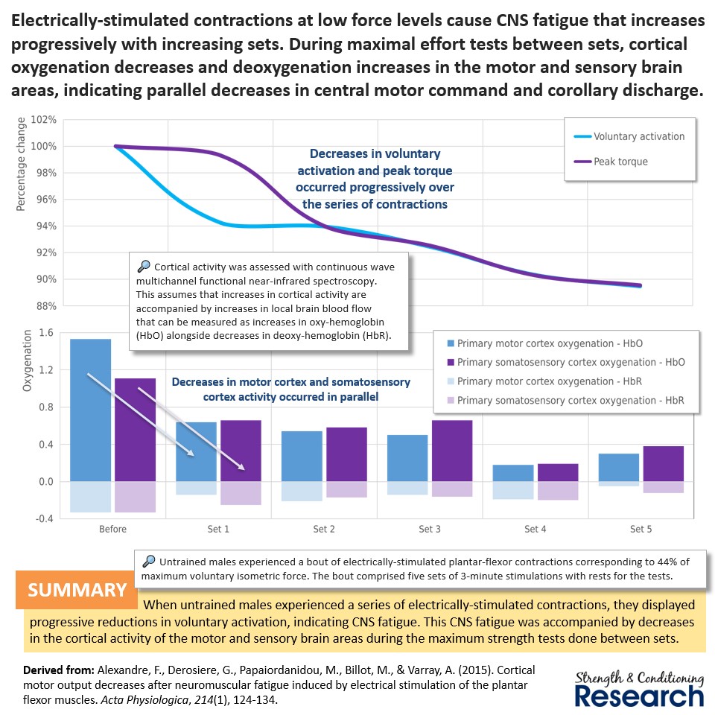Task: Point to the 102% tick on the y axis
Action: pos(42,120)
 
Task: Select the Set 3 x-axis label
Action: pos(430,530)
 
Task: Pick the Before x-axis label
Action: pos(112,530)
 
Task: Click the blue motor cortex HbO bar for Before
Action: pos(91,410)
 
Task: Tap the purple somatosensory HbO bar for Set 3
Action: pos(452,451)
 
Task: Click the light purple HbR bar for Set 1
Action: pos(241,493)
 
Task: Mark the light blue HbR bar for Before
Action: pos(91,497)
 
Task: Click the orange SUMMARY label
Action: pos(77,590)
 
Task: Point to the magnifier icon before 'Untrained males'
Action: pos(148,562)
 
